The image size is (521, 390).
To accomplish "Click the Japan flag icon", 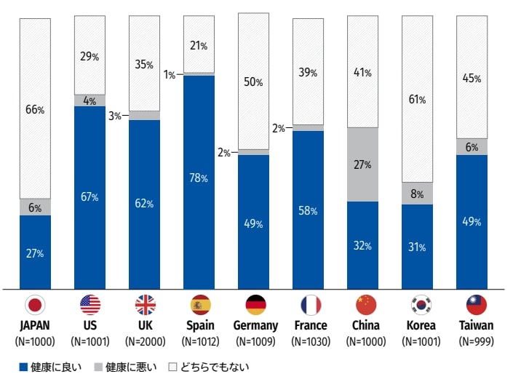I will pyautogui.click(x=35, y=304).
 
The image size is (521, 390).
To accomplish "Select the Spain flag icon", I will pyautogui.click(x=199, y=304).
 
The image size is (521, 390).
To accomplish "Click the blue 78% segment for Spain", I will pyautogui.click(x=199, y=178).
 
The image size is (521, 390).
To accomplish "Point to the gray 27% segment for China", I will pyautogui.click(x=363, y=164).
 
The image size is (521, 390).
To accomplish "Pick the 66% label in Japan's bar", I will pyautogui.click(x=35, y=110).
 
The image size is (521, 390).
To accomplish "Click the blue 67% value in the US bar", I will pyautogui.click(x=90, y=197).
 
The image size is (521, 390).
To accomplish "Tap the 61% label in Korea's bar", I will pyautogui.click(x=418, y=100).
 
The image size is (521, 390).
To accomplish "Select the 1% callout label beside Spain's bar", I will pyautogui.click(x=170, y=74).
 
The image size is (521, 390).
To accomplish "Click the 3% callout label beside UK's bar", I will pyautogui.click(x=115, y=116).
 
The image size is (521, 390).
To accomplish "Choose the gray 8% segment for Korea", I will pyautogui.click(x=418, y=194).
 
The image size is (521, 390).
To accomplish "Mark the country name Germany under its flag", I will pyautogui.click(x=255, y=325).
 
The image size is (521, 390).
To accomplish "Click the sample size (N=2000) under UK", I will pyautogui.click(x=145, y=341).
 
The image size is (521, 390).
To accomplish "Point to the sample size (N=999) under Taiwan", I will pyautogui.click(x=476, y=341).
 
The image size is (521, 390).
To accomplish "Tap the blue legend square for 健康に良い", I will pyautogui.click(x=24, y=367).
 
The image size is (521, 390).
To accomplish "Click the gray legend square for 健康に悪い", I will pyautogui.click(x=98, y=367).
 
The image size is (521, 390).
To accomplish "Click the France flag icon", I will pyautogui.click(x=309, y=304).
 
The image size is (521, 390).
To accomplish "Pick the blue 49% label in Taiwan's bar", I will pyautogui.click(x=472, y=222).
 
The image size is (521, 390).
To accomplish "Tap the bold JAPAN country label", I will pyautogui.click(x=35, y=325).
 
